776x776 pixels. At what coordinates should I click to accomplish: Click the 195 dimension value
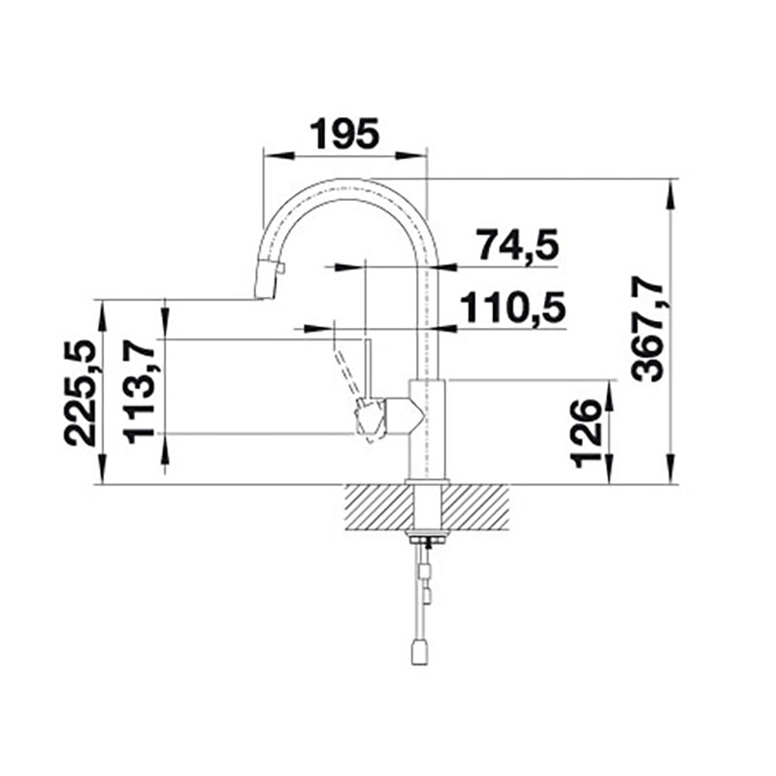point(344,133)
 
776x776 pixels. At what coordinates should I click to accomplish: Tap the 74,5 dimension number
point(518,245)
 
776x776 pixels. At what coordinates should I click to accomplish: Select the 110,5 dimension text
point(513,307)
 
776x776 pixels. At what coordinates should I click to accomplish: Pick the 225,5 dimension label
point(80,393)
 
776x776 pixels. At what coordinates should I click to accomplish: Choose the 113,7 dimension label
point(139,393)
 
